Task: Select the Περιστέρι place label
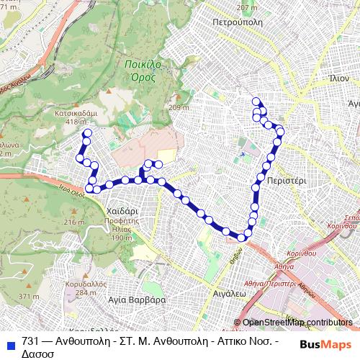286,183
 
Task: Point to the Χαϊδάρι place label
121,211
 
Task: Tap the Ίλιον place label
338,78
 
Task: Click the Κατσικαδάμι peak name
76,114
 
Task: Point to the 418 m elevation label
75,122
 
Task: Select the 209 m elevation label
178,107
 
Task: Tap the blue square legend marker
9,343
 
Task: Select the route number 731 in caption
30,342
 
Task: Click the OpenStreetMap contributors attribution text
297,322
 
